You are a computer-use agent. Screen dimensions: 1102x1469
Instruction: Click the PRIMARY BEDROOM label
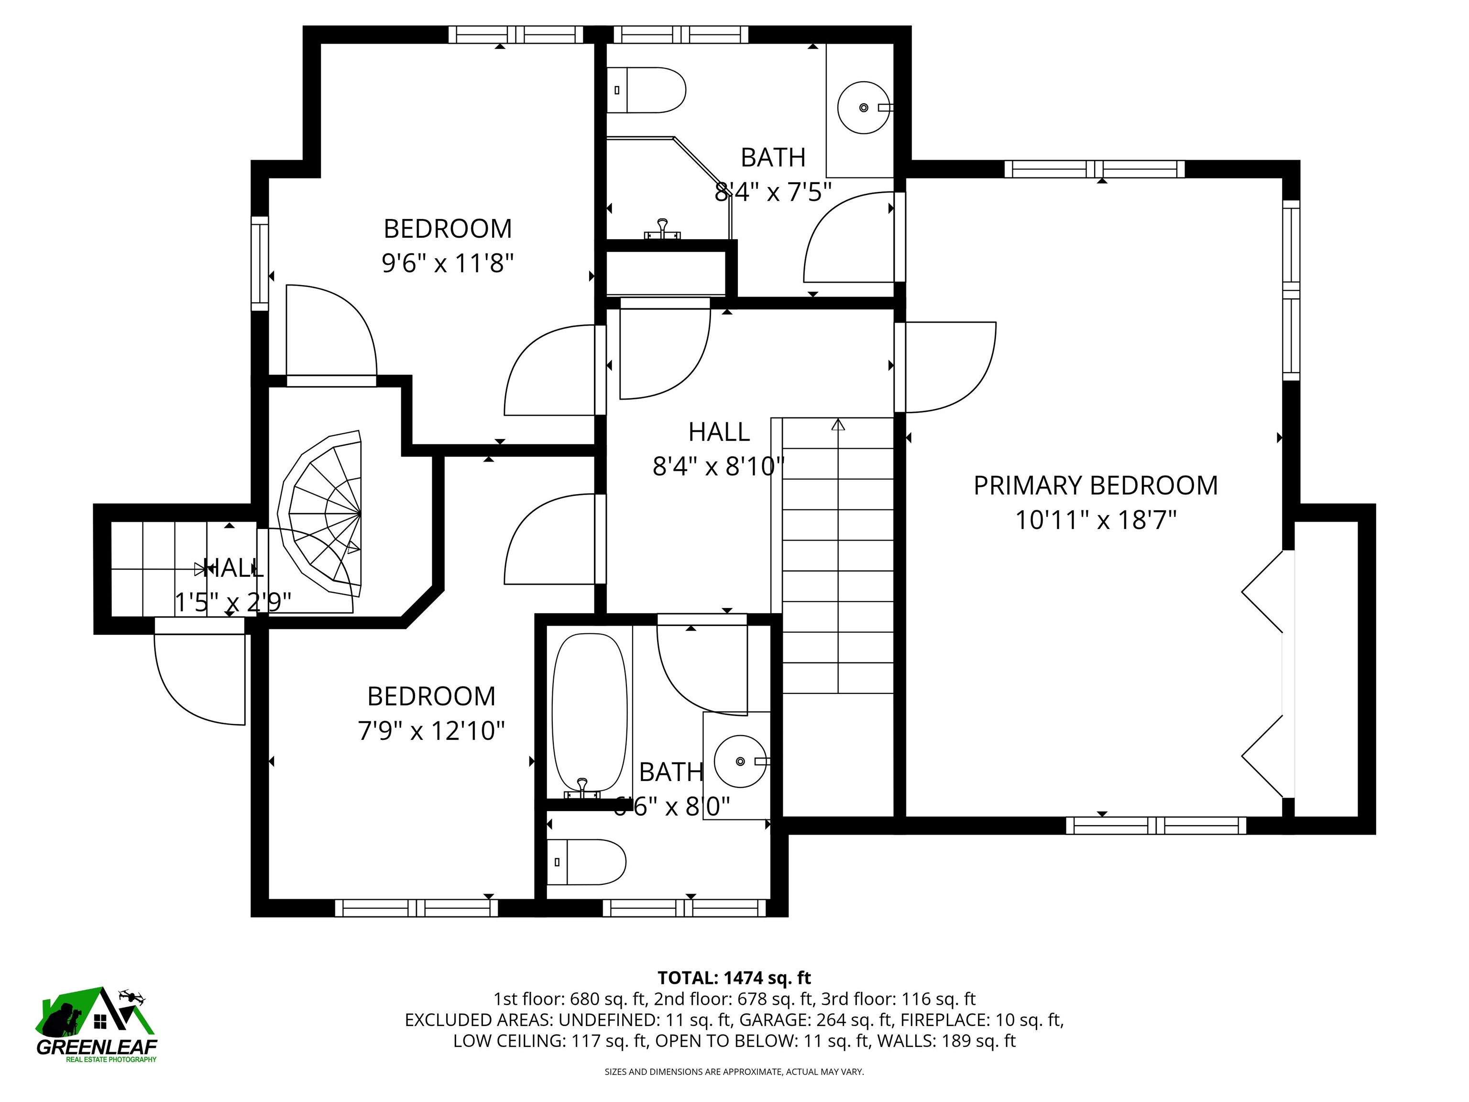(x=1095, y=485)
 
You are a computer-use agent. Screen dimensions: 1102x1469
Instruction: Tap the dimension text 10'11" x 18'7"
(x=1095, y=520)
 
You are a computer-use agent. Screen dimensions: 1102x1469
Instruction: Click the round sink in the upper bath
(x=863, y=108)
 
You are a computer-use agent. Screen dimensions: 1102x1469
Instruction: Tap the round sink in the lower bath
(x=739, y=762)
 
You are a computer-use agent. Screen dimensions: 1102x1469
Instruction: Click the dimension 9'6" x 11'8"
(x=448, y=264)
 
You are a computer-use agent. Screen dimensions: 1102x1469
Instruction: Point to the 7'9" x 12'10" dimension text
(x=431, y=731)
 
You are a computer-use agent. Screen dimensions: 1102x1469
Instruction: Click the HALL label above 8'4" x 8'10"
(x=719, y=432)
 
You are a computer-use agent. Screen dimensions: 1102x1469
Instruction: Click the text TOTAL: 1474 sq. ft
(x=734, y=978)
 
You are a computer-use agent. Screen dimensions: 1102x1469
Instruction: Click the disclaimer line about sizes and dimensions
(x=734, y=1071)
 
